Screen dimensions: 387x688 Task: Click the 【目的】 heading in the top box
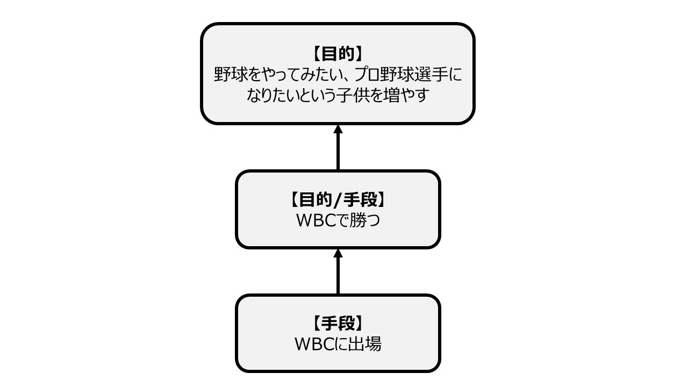[338, 54]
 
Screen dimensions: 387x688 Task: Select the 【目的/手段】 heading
[338, 200]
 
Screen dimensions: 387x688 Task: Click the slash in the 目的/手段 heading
[338, 200]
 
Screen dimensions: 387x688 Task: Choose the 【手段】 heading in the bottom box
[338, 324]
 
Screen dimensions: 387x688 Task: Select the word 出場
[367, 345]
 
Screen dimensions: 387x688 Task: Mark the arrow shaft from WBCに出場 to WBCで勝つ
[338, 275]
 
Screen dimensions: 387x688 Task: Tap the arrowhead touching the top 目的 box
[338, 129]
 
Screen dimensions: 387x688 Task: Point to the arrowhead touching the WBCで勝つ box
[338, 253]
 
